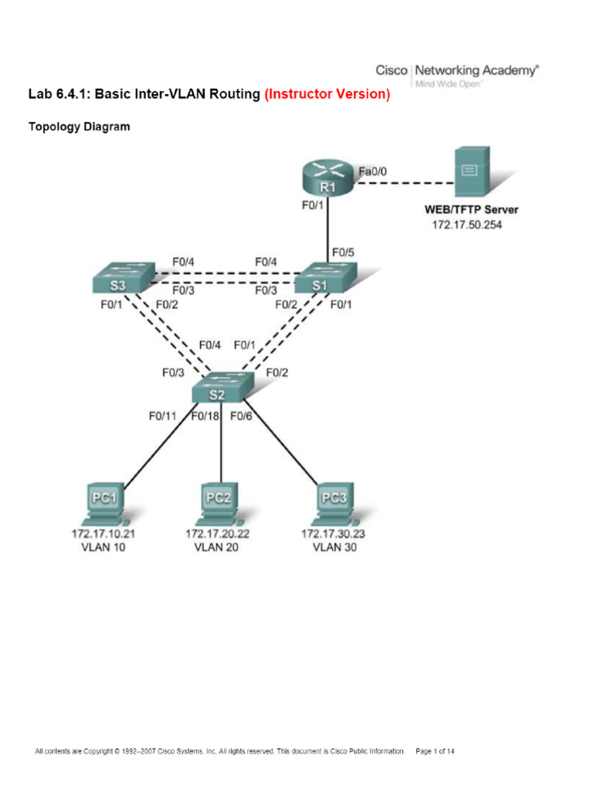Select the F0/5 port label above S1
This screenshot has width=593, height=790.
[343, 252]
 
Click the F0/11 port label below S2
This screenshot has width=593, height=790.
[163, 416]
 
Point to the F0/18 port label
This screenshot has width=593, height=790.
[205, 416]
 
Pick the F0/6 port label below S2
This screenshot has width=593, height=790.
[242, 416]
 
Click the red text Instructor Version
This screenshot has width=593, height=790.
[327, 95]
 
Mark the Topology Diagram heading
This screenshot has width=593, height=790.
[80, 127]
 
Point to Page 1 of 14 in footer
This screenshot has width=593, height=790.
[435, 750]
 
